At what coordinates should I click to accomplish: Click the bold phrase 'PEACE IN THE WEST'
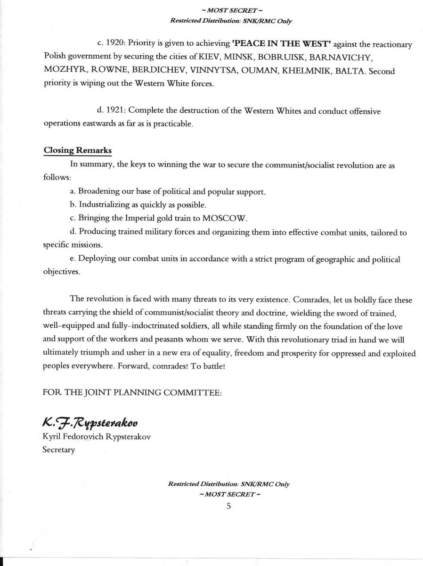pyautogui.click(x=282, y=44)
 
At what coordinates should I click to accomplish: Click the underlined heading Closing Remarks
pyautogui.click(x=77, y=150)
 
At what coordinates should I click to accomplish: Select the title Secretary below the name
pyautogui.click(x=58, y=449)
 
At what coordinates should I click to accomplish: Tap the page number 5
pyautogui.click(x=229, y=506)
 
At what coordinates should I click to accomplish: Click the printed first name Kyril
pyautogui.click(x=51, y=437)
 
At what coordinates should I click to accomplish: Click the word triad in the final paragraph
pyautogui.click(x=293, y=339)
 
